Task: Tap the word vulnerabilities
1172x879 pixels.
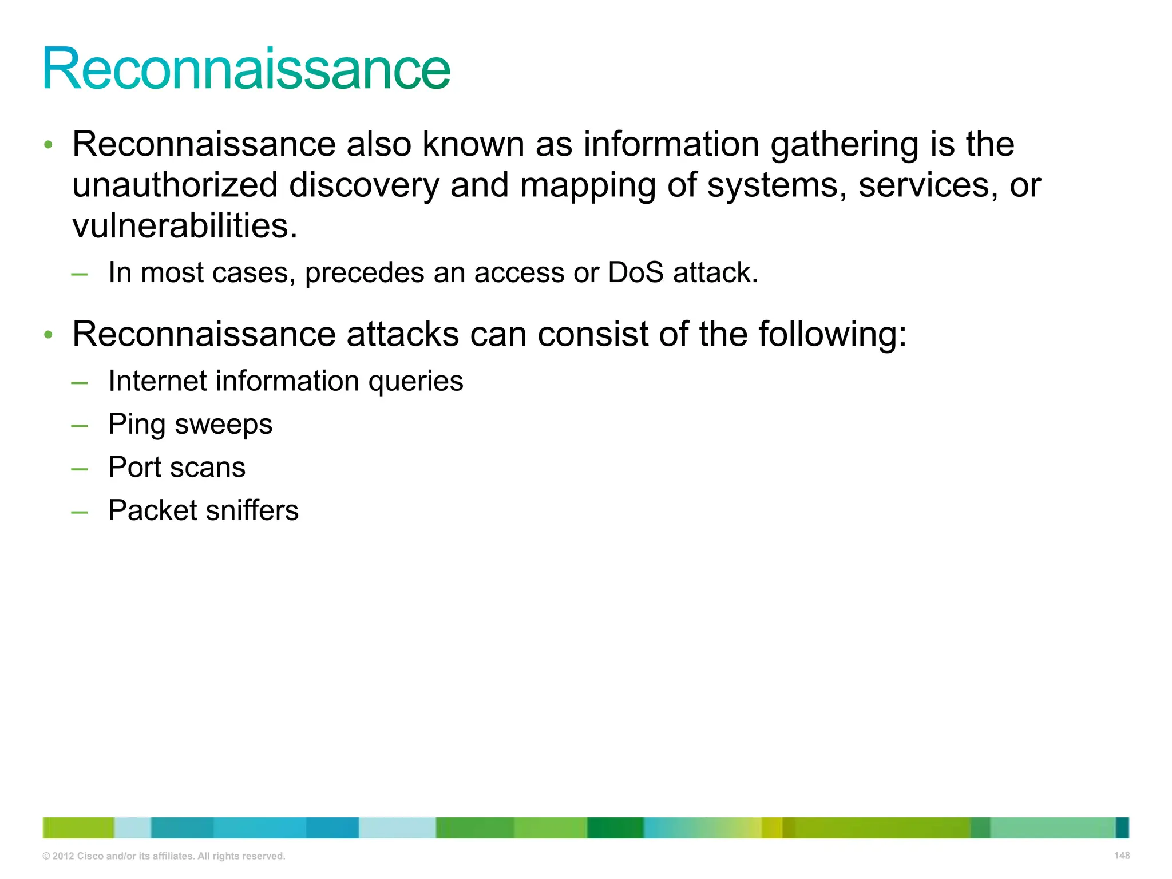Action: pos(184,226)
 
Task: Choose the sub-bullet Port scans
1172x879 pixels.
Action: pos(177,468)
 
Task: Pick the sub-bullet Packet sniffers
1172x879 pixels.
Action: pos(203,510)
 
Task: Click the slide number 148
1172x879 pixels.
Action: pos(1122,856)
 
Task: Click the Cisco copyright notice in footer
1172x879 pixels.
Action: pos(164,856)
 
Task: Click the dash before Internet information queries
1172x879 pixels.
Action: pos(80,382)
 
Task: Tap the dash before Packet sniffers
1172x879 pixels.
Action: pos(80,511)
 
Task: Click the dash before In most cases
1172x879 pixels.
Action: pos(80,274)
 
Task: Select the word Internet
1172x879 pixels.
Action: pos(157,381)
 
